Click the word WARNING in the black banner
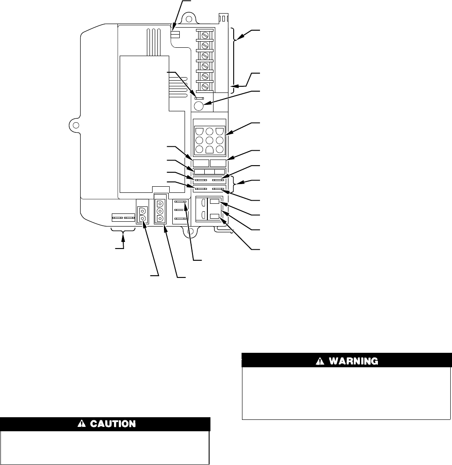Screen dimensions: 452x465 [x=353, y=362]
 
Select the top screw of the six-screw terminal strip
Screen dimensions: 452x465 [x=204, y=34]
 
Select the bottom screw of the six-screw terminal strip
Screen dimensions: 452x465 [x=204, y=86]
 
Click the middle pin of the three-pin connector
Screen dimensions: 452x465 [x=160, y=210]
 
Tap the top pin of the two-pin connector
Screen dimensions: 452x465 [x=142, y=210]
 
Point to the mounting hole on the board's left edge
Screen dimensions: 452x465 [x=76, y=125]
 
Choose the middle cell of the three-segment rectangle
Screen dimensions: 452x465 [x=209, y=171]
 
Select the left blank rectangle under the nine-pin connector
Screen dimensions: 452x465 [x=200, y=163]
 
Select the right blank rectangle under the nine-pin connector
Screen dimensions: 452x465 [x=218, y=163]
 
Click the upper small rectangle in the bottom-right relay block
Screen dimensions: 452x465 [x=215, y=202]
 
